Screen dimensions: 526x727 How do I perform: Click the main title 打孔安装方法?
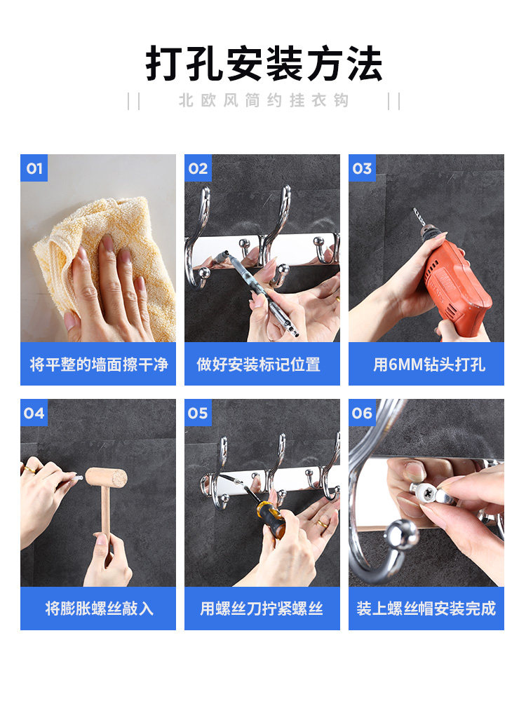(264, 64)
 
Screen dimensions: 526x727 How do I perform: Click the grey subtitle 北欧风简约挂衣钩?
(264, 100)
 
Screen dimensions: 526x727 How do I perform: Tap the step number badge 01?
(34, 168)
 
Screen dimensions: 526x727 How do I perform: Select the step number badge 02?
(198, 168)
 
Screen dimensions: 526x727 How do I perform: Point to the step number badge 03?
(363, 168)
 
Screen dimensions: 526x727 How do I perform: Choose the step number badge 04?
(34, 413)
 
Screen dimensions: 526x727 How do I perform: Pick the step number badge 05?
(198, 413)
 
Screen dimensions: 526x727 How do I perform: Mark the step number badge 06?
(363, 413)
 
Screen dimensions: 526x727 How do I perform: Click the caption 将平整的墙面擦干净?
(98, 365)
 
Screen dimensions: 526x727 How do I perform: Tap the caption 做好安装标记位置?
(258, 365)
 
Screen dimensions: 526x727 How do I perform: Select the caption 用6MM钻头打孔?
(429, 365)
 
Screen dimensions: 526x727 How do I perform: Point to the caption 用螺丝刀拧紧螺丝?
(262, 609)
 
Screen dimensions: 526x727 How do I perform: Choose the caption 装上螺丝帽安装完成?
(426, 609)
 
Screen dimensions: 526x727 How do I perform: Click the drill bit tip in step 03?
(414, 210)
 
